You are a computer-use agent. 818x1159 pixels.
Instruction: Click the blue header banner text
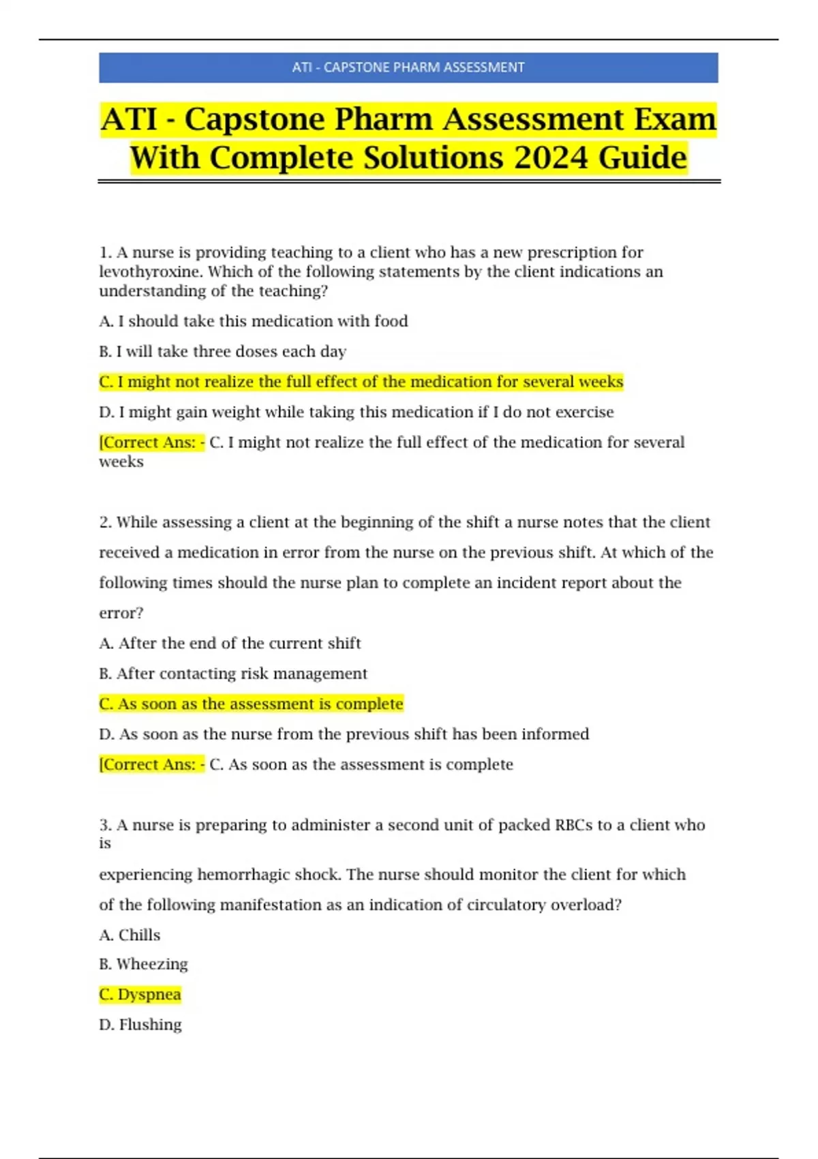pos(408,67)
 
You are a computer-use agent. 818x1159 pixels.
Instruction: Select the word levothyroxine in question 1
pos(151,272)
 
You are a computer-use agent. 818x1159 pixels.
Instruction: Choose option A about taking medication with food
pos(254,321)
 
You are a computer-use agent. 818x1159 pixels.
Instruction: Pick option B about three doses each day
pos(223,352)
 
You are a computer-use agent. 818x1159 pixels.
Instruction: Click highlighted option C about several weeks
pos(361,382)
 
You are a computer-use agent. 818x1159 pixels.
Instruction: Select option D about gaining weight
pos(357,412)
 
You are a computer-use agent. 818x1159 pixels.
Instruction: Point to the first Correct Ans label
pos(151,442)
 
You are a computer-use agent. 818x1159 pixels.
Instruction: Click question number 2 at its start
pos(105,522)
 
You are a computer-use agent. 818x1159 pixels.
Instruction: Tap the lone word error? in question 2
pos(121,613)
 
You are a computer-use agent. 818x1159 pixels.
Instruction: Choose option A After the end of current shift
pos(230,644)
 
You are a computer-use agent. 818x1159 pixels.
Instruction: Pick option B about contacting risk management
pos(233,674)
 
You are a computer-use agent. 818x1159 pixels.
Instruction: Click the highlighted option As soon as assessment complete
pos(252,704)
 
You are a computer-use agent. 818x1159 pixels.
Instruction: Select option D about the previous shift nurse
pos(344,734)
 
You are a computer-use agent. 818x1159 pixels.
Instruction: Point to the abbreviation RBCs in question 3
pos(574,825)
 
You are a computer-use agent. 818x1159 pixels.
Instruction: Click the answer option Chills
pos(130,935)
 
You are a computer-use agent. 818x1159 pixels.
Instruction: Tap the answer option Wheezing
pos(144,964)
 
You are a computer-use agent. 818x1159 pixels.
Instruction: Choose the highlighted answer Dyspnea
pos(140,995)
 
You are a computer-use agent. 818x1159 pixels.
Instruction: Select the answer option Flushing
pos(141,1025)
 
